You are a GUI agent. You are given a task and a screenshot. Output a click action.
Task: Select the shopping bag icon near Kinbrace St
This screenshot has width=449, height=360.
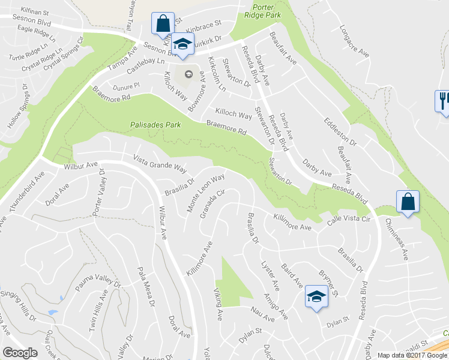pyautogui.click(x=163, y=25)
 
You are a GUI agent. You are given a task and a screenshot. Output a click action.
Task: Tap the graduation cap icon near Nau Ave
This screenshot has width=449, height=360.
pyautogui.click(x=316, y=296)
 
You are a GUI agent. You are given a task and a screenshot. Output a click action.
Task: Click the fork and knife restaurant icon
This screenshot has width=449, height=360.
pyautogui.click(x=443, y=100)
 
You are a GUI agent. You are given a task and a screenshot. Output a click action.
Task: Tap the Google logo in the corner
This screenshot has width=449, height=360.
pyautogui.click(x=20, y=353)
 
